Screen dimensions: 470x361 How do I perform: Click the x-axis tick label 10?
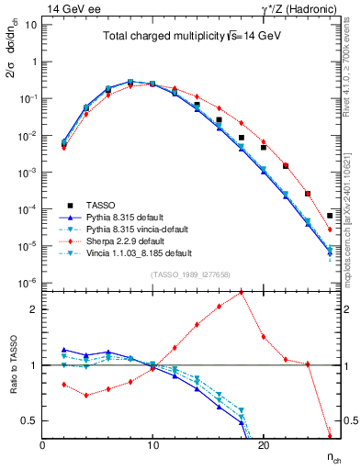(x=152, y=445)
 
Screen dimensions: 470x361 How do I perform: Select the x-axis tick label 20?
(x=263, y=445)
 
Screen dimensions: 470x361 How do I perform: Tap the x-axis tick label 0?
(x=42, y=445)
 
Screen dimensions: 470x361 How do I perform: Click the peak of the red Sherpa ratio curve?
(x=241, y=292)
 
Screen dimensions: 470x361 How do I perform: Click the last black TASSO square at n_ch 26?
(x=329, y=216)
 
